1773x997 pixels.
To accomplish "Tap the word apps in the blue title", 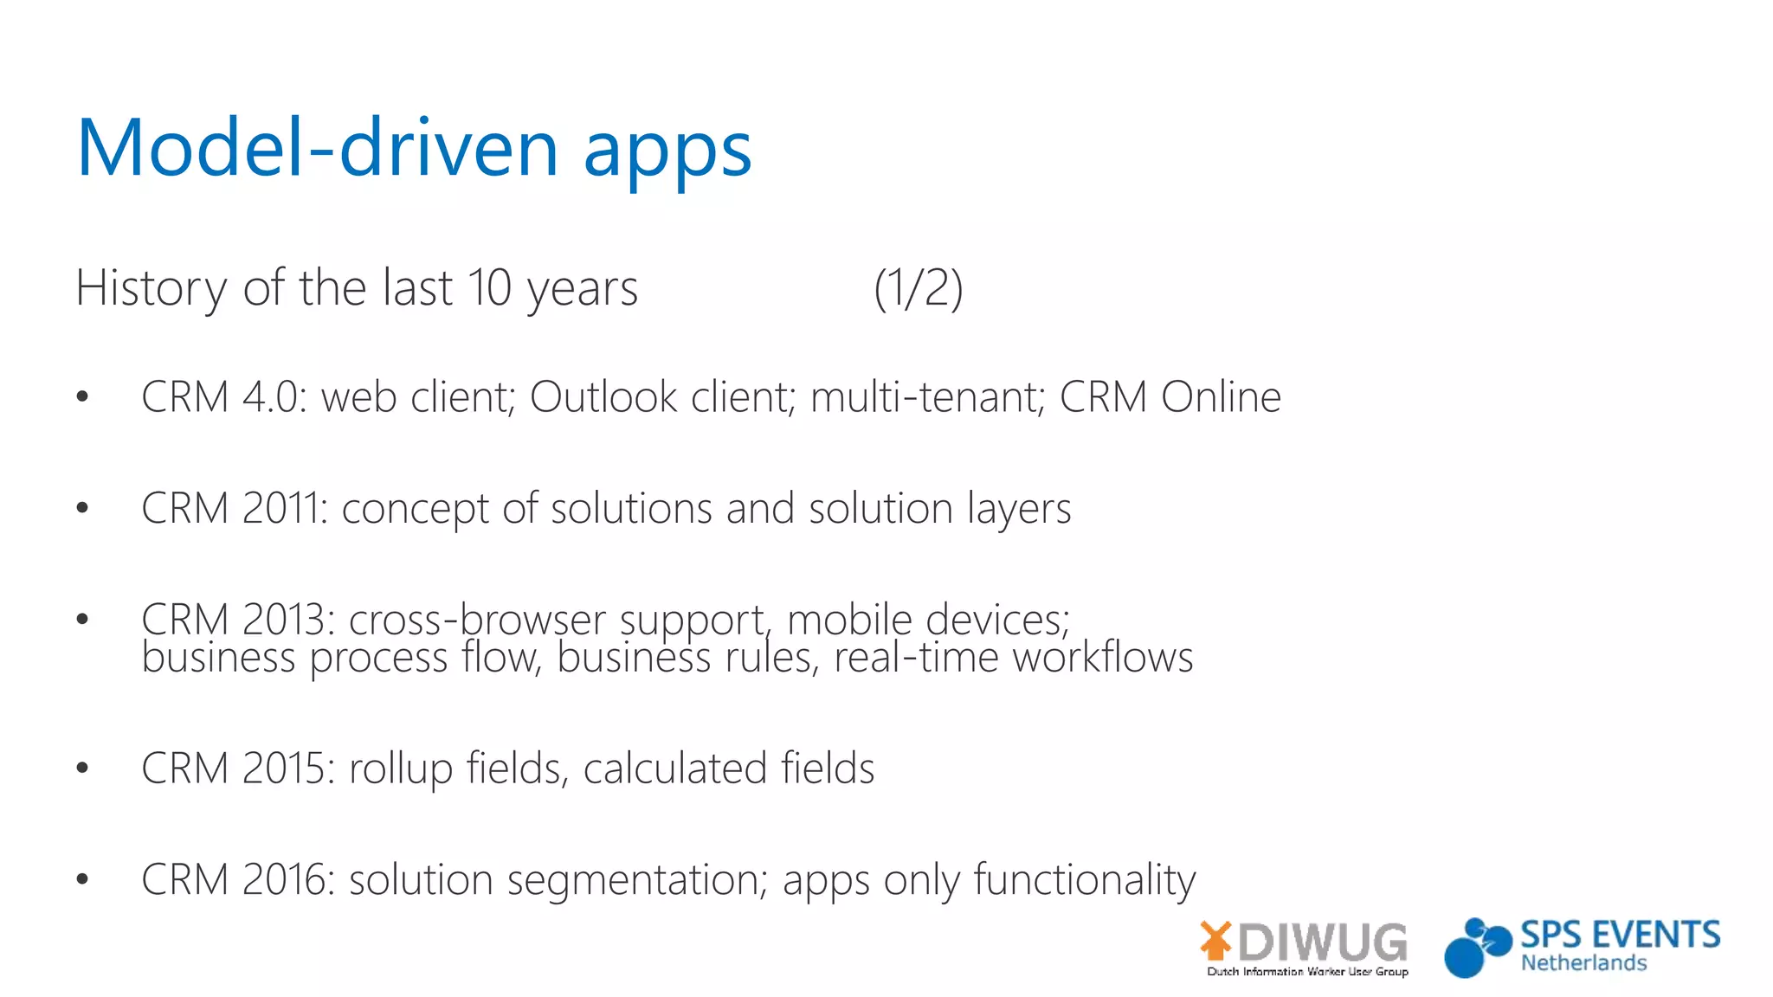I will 667,151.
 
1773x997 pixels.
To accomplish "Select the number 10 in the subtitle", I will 489,288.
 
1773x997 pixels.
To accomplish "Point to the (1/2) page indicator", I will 919,288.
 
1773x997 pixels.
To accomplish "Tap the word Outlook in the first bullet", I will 603,397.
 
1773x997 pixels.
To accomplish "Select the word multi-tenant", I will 928,397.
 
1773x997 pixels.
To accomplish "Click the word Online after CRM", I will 1221,397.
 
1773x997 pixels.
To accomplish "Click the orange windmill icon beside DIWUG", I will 1216,940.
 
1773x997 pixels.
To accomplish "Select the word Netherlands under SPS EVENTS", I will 1583,963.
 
